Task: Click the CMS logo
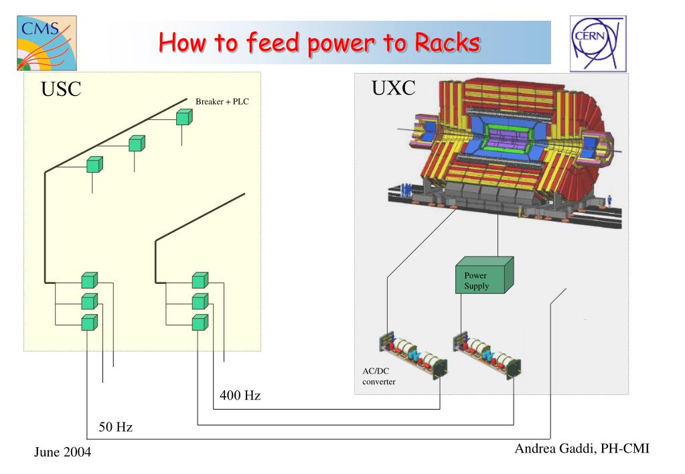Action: [x=47, y=44]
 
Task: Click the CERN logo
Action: [x=598, y=44]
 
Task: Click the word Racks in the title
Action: [x=447, y=42]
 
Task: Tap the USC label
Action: [x=61, y=89]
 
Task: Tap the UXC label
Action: [x=393, y=88]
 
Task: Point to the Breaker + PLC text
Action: [x=222, y=101]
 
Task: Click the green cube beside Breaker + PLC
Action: [x=184, y=117]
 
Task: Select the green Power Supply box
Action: [x=485, y=275]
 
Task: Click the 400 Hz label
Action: [x=240, y=396]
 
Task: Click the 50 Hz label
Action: [x=115, y=427]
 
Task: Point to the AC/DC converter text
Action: [x=379, y=376]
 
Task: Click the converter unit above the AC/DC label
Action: [x=413, y=355]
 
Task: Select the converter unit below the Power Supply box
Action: [x=487, y=355]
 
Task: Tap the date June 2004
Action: [x=62, y=452]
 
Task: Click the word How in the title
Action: [x=181, y=42]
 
